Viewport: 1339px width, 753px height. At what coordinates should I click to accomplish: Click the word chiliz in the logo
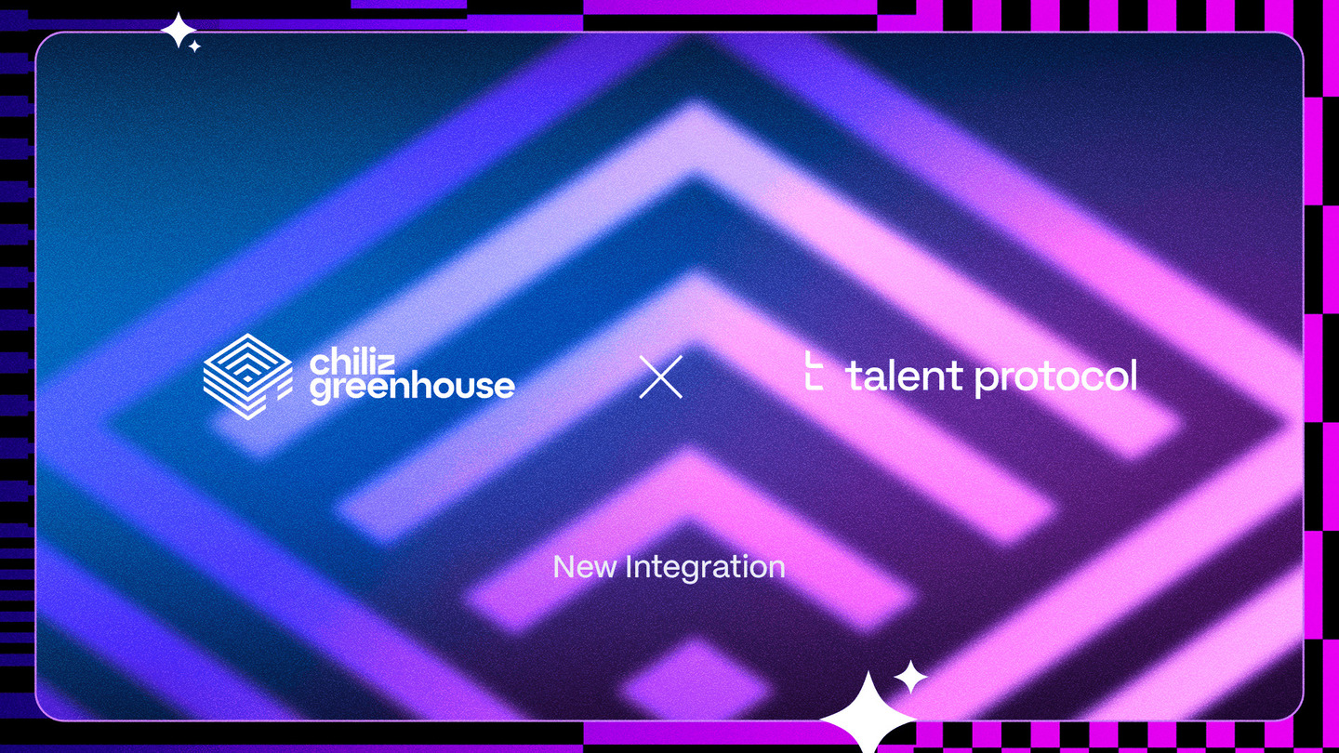click(352, 363)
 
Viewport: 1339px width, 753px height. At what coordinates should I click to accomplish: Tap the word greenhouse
click(412, 389)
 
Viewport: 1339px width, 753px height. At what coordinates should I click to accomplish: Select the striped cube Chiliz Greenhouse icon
click(247, 376)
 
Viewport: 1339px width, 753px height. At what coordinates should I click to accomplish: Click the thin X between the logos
click(660, 377)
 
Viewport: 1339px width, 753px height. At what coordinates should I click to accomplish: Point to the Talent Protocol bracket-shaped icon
click(814, 371)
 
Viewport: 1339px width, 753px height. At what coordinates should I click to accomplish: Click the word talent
click(904, 376)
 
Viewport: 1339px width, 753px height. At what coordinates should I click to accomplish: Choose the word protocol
click(1056, 377)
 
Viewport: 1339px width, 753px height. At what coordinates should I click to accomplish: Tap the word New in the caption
click(585, 566)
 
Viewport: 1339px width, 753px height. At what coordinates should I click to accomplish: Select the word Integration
click(706, 568)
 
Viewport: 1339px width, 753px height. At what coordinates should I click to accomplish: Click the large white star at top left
click(179, 31)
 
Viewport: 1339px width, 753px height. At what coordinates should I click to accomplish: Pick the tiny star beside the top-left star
click(194, 46)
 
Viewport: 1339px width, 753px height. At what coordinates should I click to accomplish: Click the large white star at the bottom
click(868, 714)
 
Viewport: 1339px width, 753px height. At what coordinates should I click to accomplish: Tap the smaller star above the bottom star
click(910, 677)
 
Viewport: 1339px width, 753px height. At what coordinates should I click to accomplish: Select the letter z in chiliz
click(386, 366)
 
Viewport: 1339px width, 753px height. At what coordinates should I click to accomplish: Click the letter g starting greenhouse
click(321, 390)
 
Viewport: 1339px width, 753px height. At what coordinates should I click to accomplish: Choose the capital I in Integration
click(629, 566)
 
